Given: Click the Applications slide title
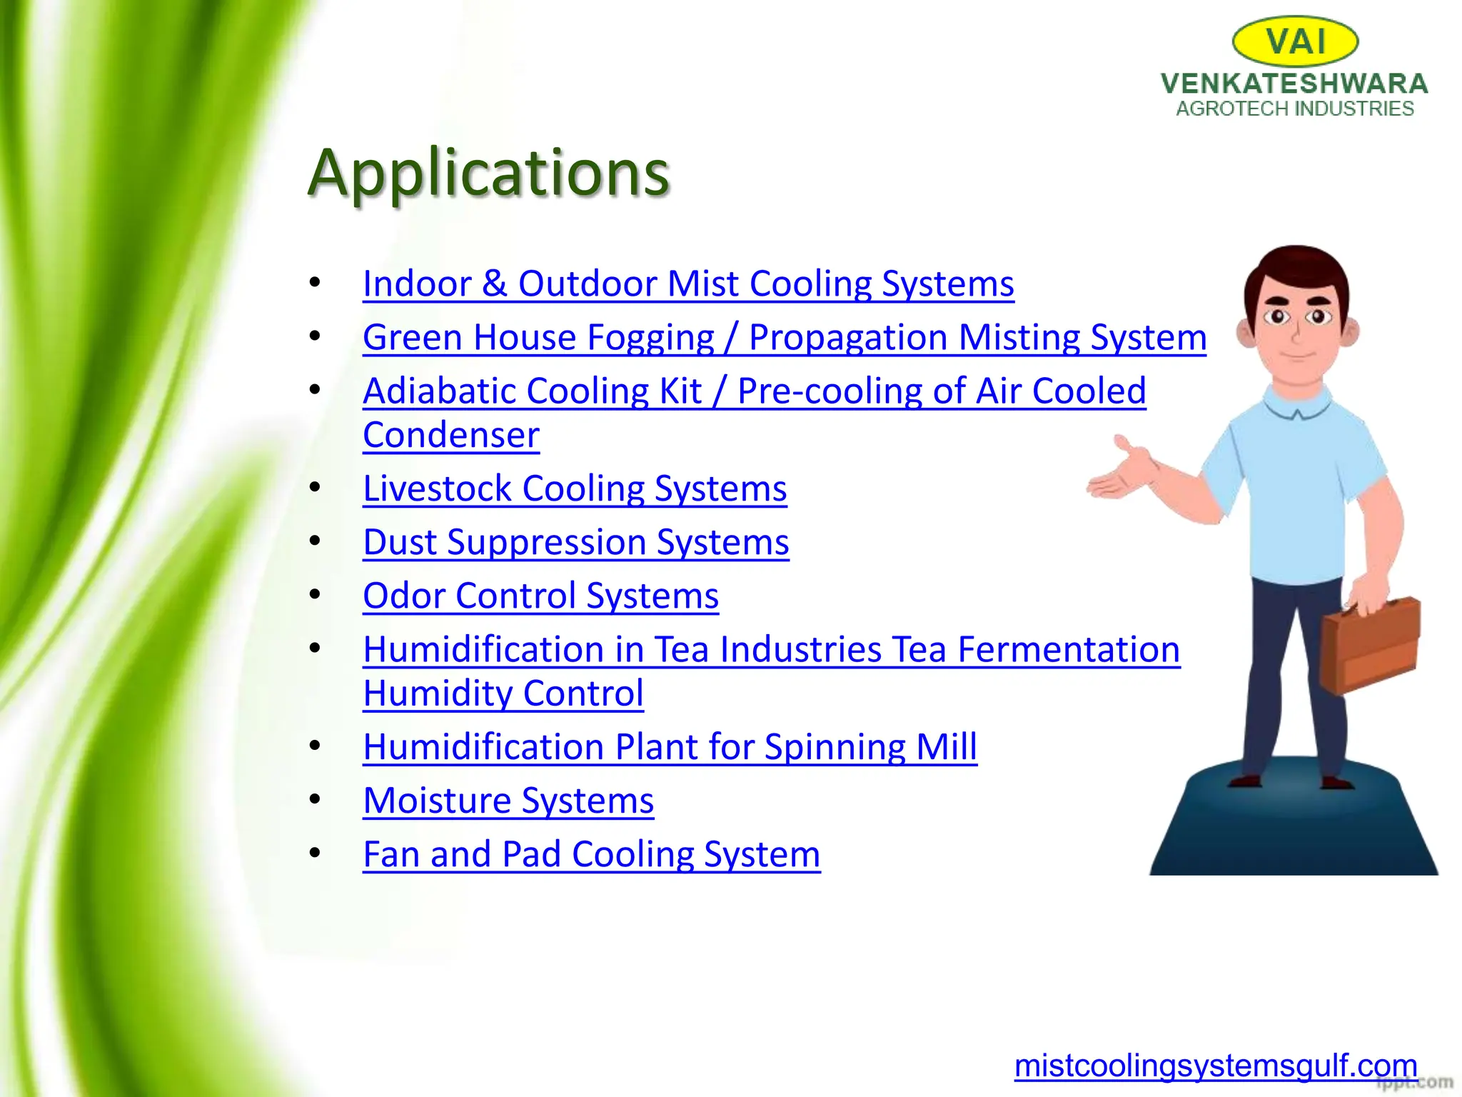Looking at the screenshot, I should (x=488, y=173).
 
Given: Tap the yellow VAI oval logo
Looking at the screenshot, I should (x=1295, y=41).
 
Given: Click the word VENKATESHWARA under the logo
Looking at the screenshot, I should (x=1294, y=84).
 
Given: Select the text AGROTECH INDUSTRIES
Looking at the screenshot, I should (x=1295, y=109).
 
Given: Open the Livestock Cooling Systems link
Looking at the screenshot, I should (x=575, y=489).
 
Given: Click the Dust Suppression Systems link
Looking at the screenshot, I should (x=575, y=542).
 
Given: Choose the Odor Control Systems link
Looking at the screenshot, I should (x=540, y=596).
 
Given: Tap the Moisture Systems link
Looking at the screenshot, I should (x=508, y=801).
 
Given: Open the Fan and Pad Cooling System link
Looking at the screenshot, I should (x=591, y=854).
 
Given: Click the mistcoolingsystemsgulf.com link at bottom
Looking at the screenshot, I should (x=1215, y=1066).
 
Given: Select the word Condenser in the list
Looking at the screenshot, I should (x=451, y=435).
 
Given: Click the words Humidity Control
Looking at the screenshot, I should (x=503, y=693).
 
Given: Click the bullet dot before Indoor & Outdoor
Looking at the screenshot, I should (x=315, y=283).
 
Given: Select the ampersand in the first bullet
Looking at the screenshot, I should (x=495, y=284).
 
